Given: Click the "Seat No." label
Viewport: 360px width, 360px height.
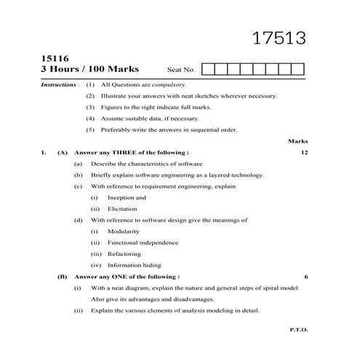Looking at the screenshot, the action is [181, 71].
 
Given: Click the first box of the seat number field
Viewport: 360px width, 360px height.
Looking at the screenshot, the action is [207, 70].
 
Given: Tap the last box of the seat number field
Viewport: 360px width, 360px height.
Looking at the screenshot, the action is [297, 70].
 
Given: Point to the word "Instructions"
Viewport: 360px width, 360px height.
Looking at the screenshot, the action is [59, 85].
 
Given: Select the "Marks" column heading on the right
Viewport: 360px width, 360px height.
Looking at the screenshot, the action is [298, 141].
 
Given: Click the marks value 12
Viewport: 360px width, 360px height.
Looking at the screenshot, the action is [304, 153].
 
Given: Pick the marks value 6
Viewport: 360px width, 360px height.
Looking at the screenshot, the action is [306, 277].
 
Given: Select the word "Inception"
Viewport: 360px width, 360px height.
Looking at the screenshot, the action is [127, 197].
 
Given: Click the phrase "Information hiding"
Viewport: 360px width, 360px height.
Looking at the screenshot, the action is [134, 265].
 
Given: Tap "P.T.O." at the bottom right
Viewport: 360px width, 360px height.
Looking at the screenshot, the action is [299, 329].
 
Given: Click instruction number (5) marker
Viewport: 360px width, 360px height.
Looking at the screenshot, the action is [90, 130].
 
